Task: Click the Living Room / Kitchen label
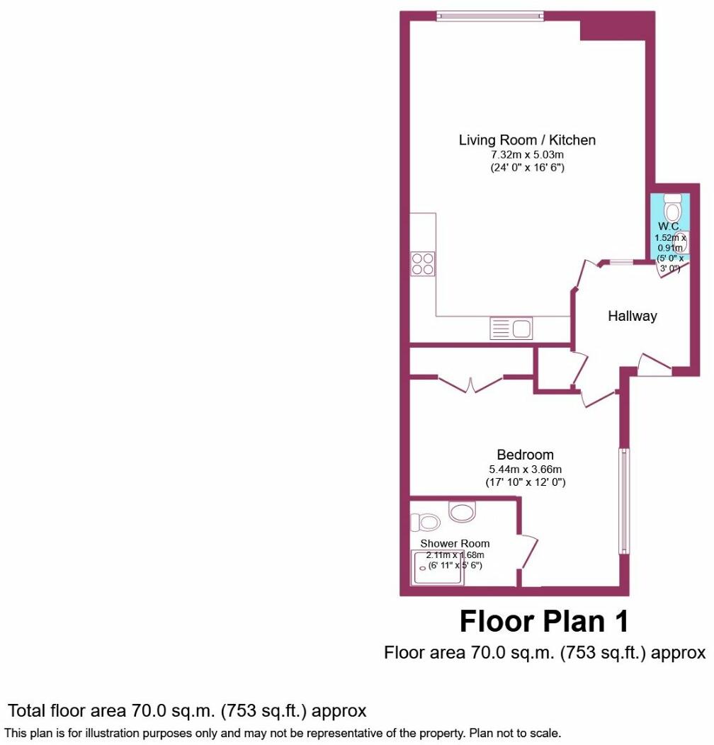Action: coord(527,140)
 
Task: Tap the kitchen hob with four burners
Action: coord(423,264)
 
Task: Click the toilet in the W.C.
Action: coord(672,208)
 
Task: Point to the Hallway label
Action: coord(632,317)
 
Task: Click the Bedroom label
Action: coord(525,455)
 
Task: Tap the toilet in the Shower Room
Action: coord(427,523)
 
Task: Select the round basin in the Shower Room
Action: coord(462,511)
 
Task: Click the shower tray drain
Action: coord(424,567)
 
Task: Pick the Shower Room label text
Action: coord(455,544)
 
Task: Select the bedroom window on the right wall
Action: coord(623,500)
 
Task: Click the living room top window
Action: coord(490,14)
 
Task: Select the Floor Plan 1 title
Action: coord(544,622)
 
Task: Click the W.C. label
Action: coord(669,227)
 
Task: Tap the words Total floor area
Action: coord(67,710)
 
